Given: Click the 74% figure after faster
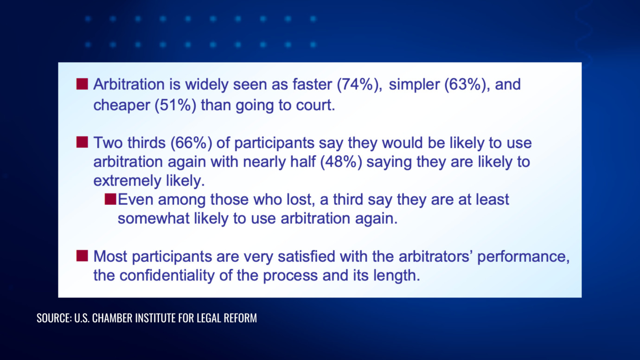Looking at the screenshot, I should [358, 85].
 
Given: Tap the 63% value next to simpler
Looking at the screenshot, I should [465, 85].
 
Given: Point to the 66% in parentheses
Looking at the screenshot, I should [192, 143].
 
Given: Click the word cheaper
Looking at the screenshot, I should [122, 105].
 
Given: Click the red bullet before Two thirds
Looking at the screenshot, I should [82, 142].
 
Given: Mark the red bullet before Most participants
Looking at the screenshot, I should [82, 256].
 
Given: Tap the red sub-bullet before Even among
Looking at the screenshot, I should [110, 199].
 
